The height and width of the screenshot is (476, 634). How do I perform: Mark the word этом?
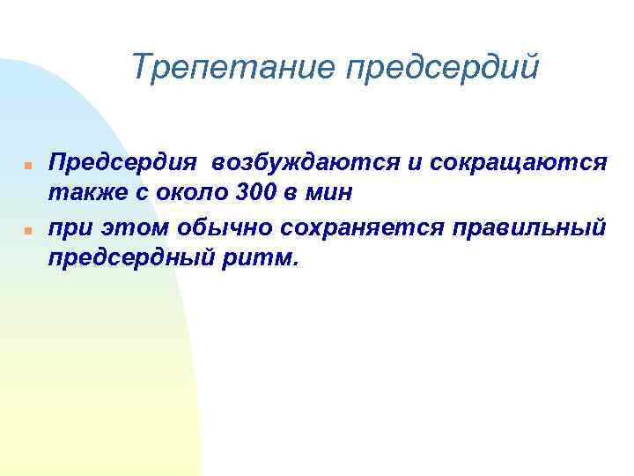click(129, 227)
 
